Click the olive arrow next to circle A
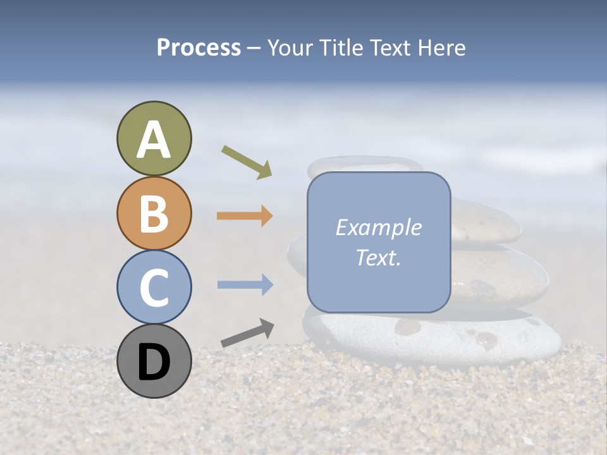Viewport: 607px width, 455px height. tap(247, 162)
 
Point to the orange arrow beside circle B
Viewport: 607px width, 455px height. tap(245, 216)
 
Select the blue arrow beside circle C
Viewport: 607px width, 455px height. tap(245, 285)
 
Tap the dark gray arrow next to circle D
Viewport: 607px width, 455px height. tap(247, 333)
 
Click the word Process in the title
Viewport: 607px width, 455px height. tap(199, 47)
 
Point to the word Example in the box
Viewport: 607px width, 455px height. tap(379, 227)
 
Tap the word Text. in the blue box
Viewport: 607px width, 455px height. tap(379, 257)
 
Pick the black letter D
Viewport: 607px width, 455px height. tap(154, 362)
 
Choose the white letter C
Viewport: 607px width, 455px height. tap(154, 288)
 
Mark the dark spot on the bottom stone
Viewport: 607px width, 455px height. tap(408, 327)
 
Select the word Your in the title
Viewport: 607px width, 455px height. tap(290, 47)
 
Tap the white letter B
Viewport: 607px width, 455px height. tap(154, 214)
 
